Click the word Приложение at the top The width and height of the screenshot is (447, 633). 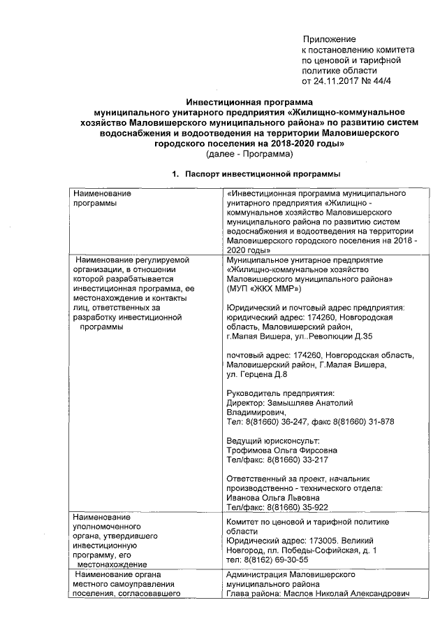(329, 39)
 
